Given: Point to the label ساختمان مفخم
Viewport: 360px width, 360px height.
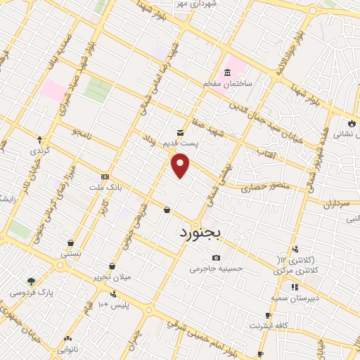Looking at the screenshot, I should (x=228, y=84).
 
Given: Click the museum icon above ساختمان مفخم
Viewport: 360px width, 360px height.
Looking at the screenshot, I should (x=228, y=73).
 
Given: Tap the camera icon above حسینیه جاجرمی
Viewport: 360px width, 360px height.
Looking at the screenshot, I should (x=215, y=257).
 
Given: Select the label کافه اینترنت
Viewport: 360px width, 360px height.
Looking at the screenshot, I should (x=267, y=326).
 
